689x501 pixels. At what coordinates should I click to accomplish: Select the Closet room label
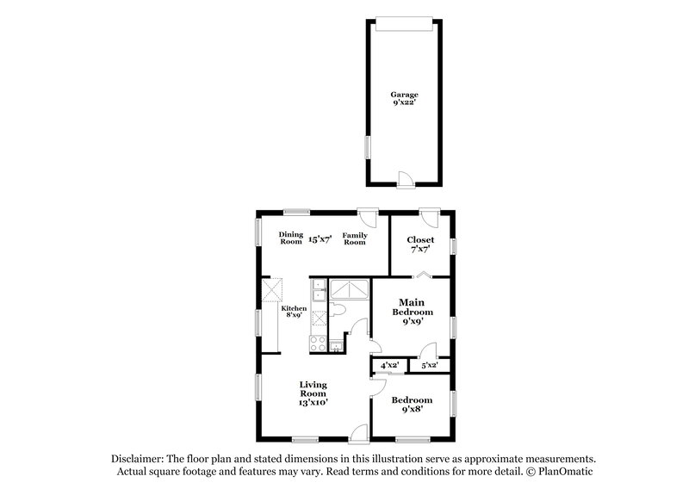point(420,240)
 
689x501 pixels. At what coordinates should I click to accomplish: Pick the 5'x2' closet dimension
point(428,366)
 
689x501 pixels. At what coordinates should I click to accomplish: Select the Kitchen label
point(294,308)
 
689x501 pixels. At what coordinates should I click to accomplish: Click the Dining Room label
point(290,238)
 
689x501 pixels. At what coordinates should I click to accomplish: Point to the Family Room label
point(354,238)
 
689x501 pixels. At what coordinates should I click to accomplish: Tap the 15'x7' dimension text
point(321,238)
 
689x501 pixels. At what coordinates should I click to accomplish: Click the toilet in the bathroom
point(338,309)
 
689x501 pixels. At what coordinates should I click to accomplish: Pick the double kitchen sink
point(319,294)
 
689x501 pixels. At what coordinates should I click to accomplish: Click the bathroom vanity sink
point(335,346)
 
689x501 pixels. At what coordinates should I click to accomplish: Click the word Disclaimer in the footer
point(139,459)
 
